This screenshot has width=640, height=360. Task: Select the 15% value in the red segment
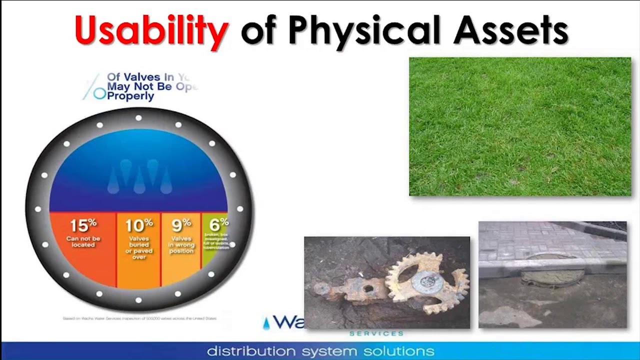(x=83, y=226)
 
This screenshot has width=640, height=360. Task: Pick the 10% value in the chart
(x=138, y=226)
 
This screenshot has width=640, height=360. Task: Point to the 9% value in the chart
(x=181, y=225)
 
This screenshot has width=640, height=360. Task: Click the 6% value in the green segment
(x=218, y=224)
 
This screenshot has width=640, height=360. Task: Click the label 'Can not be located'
(x=83, y=242)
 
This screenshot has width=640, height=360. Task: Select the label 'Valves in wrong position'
(x=181, y=245)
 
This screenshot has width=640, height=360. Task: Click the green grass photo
(x=520, y=126)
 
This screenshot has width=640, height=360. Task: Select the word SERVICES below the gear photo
(x=376, y=333)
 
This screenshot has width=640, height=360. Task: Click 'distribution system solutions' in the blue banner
(x=320, y=350)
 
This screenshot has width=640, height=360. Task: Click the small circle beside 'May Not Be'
(x=100, y=93)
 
